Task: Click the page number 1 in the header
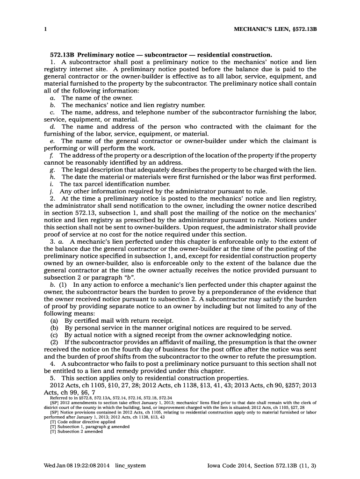tap(45, 29)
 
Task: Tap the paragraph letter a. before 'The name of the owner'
tap(52, 98)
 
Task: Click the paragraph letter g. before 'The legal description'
tap(52, 169)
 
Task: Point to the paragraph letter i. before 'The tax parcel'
tap(52, 184)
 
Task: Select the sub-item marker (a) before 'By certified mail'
tap(55, 320)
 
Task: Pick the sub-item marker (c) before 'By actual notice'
tap(55, 335)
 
